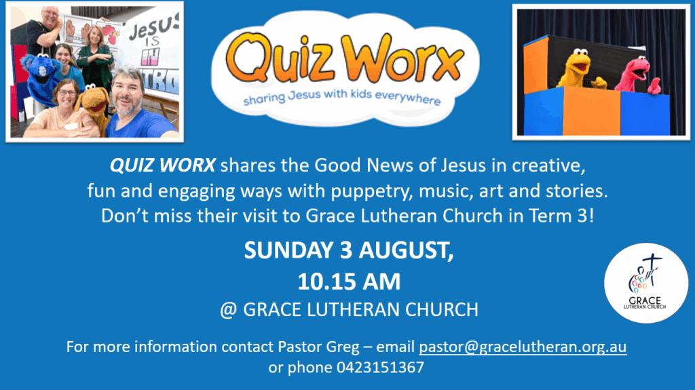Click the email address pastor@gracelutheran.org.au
523,347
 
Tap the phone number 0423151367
380,368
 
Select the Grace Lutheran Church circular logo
646,284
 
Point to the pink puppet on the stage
637,75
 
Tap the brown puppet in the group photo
94,106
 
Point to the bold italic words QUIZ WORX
163,165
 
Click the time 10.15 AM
349,281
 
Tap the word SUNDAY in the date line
288,250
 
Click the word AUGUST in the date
406,251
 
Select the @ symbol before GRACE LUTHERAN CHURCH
228,310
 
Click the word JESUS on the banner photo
153,28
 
